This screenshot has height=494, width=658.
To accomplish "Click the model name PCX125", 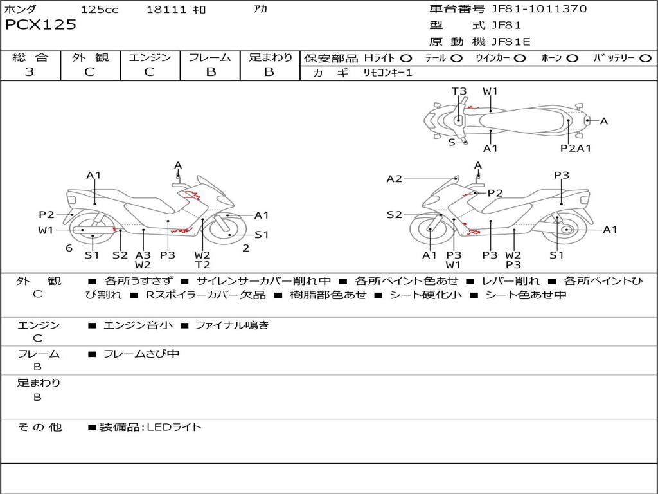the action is pos(40,25).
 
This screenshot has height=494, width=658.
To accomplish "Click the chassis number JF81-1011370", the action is pos(539,9).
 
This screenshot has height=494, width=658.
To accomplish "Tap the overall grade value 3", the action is pos(30,72).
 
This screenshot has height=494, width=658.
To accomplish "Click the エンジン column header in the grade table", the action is pos(150,58).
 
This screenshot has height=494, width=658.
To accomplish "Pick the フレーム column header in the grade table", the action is pos(210,58).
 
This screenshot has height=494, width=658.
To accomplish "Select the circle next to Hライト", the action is pos(405,59).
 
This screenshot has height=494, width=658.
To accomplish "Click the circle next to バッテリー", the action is pos(645,59).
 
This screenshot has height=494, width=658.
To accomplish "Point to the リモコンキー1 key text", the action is pos(387,73).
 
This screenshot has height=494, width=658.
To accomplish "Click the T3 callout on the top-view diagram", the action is pos(459,91).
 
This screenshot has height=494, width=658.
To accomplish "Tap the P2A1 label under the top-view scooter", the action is pos(576,148).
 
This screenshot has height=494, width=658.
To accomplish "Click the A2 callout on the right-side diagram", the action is pos(394,179).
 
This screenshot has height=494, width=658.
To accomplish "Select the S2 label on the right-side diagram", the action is pos(394,215).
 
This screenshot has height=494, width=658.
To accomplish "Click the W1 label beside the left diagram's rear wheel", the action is pos(46,230).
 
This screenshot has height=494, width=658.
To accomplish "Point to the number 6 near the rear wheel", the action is pos(69,248).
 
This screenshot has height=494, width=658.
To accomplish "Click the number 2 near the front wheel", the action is pos(246,248).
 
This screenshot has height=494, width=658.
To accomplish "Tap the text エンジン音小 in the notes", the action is pos(138,325).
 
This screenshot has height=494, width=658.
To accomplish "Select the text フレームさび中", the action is pos(141,354).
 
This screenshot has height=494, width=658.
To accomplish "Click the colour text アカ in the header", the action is pos(260,9).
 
